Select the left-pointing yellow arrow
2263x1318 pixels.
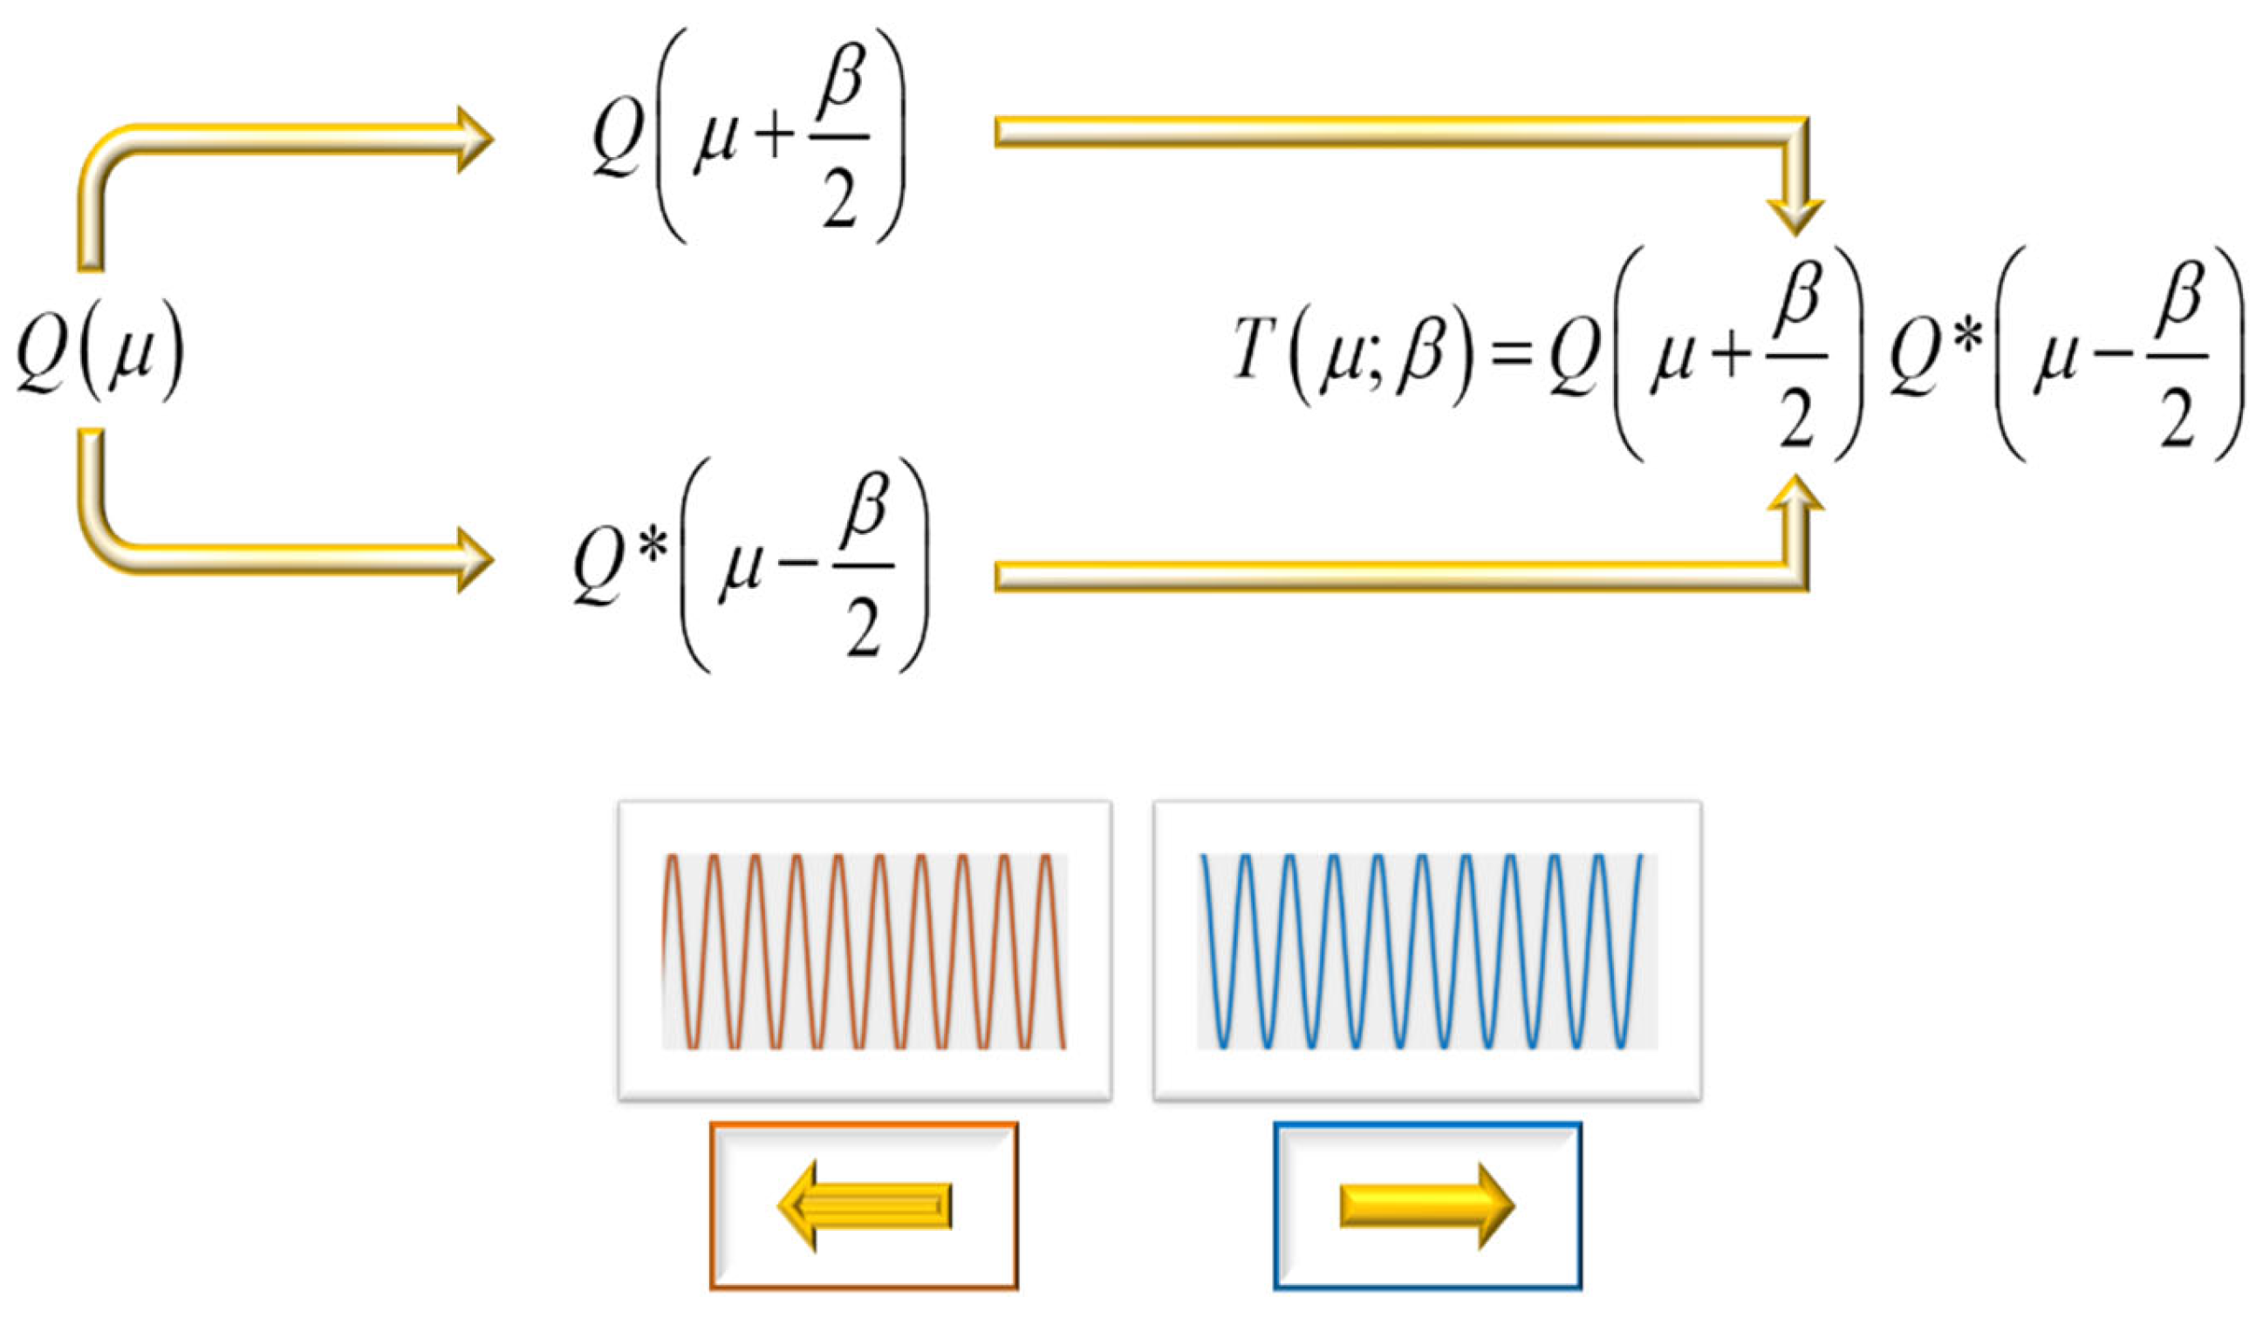pyautogui.click(x=864, y=1205)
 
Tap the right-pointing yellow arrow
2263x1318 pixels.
pyautogui.click(x=1427, y=1205)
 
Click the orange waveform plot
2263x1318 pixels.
pyautogui.click(x=864, y=950)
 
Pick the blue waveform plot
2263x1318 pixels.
pyautogui.click(x=1427, y=950)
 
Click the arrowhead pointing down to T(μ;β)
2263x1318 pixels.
pyautogui.click(x=1795, y=215)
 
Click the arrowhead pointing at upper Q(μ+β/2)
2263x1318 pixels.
pyautogui.click(x=472, y=140)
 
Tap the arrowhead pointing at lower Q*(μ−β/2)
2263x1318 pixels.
pyautogui.click(x=472, y=559)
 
